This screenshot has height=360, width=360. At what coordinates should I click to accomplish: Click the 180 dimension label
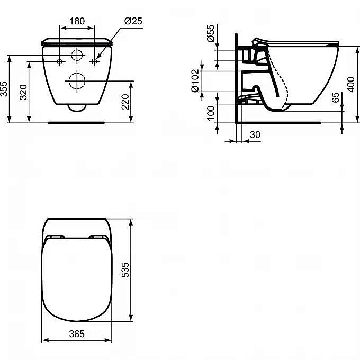tap(77, 22)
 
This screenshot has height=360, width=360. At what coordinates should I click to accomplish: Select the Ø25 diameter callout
tap(133, 22)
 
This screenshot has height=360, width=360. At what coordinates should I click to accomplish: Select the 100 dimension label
tap(211, 113)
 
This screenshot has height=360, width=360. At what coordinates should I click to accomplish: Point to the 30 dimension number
tap(255, 135)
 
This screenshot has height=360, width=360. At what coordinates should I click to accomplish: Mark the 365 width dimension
tap(76, 335)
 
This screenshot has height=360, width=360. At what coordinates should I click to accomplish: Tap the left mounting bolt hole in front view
tap(59, 62)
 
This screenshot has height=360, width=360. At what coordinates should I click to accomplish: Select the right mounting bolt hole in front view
tap(95, 62)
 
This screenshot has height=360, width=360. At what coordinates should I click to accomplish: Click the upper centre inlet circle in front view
tap(77, 56)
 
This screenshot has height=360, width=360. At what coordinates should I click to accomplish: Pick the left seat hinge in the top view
tap(54, 237)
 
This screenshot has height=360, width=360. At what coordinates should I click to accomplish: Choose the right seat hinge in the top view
tap(98, 237)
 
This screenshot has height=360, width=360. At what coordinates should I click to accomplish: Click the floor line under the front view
tap(77, 122)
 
